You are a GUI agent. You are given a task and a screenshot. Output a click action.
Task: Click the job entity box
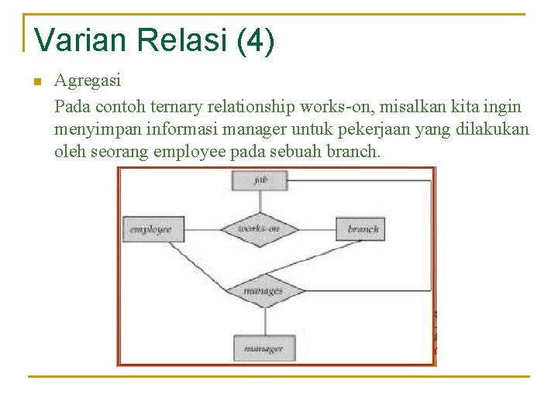260,180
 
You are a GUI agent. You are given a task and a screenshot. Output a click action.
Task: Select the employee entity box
153,229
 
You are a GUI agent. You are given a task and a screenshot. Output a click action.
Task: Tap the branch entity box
360,229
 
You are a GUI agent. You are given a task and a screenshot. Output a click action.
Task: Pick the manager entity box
263,348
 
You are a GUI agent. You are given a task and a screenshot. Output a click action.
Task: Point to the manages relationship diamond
263,291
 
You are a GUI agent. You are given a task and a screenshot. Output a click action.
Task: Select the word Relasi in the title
179,41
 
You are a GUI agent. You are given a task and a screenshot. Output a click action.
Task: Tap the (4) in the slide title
257,41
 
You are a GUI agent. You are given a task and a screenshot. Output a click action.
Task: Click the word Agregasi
88,80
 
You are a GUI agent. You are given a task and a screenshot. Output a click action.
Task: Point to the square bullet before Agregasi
36,81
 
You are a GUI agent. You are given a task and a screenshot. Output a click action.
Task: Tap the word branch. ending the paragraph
354,150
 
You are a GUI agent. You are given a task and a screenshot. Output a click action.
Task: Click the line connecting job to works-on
260,201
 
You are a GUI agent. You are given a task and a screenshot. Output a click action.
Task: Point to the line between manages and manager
264,320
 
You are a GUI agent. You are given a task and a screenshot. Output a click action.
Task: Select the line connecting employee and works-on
201,229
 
